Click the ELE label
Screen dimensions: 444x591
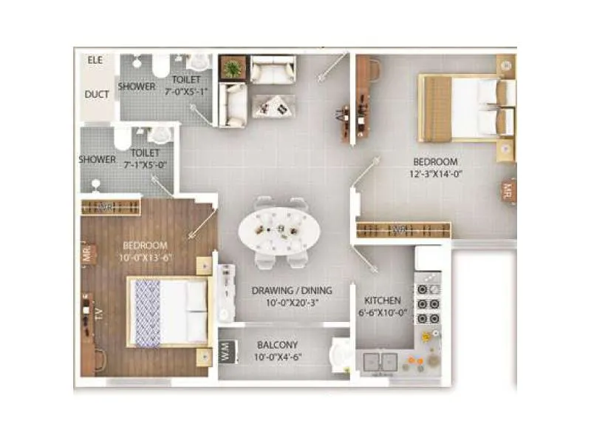point(95,60)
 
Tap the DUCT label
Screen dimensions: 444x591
point(97,95)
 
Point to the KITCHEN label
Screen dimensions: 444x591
point(383,301)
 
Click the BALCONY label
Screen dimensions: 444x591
point(277,345)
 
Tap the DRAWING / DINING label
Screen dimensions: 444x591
point(292,290)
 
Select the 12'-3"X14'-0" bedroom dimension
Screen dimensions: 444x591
point(436,174)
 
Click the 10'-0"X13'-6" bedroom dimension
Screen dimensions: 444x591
point(145,258)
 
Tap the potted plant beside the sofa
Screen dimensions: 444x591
point(233,69)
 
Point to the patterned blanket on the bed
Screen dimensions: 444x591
point(147,312)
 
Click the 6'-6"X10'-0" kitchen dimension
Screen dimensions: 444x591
point(383,313)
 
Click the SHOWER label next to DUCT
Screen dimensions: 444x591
point(137,87)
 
